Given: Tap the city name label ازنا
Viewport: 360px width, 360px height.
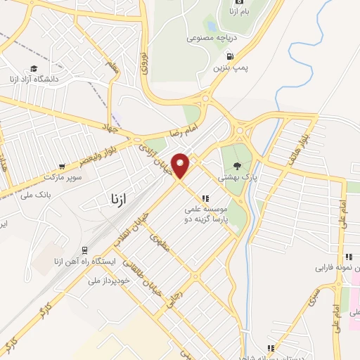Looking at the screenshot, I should click(112, 199).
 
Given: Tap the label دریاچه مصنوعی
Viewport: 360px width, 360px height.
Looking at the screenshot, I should click(210, 39).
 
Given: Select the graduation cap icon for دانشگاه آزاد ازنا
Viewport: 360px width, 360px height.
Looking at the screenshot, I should click(33, 67).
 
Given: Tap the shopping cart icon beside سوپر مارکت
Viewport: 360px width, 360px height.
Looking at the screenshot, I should click(63, 167).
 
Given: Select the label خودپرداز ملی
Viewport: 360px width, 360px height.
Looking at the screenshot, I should click(105, 281).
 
